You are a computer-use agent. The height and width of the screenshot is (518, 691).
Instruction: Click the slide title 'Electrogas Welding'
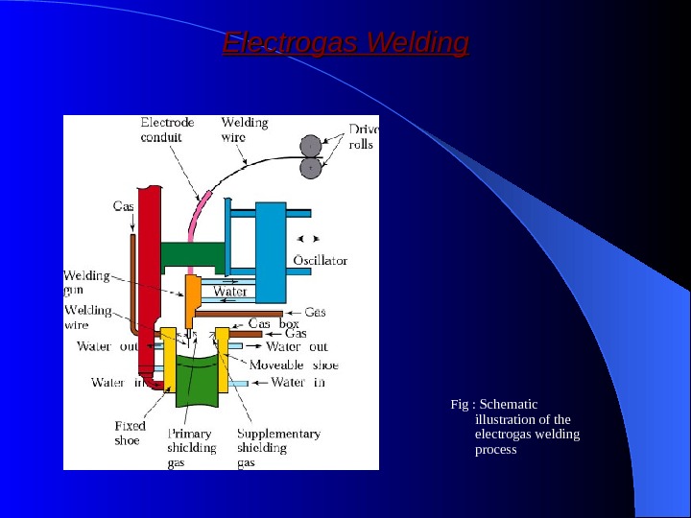[345, 44]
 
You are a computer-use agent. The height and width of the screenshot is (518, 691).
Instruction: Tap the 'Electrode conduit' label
[167, 129]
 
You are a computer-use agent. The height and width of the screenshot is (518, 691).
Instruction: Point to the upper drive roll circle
[311, 146]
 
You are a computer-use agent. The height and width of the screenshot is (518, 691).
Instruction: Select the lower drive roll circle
[311, 168]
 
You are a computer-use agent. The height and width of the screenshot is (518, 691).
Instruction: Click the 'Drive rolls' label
[363, 136]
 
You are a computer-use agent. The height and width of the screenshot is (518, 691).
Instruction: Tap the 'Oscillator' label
[319, 260]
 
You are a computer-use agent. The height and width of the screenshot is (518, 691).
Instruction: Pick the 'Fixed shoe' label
[130, 434]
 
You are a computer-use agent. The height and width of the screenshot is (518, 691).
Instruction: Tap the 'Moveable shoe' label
[294, 365]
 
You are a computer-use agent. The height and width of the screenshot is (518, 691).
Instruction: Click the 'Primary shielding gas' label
[192, 448]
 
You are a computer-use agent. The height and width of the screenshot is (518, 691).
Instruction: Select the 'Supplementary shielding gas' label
[278, 448]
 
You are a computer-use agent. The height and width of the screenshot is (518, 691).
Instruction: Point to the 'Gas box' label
[274, 324]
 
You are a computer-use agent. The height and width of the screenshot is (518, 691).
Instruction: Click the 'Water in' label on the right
[298, 383]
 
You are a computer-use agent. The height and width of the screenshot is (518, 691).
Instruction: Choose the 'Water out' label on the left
[107, 346]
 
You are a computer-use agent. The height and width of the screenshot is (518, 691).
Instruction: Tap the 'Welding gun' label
[86, 282]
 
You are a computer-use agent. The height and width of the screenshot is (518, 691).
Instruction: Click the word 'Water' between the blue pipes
[230, 292]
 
